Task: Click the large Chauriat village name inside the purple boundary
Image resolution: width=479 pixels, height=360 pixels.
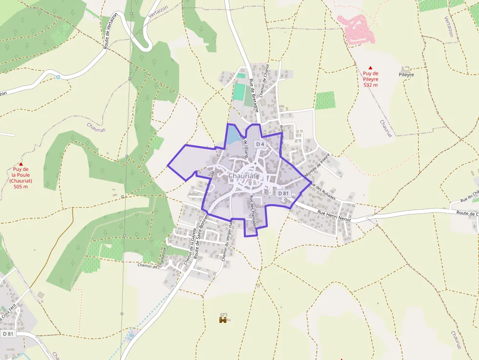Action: click(x=243, y=175)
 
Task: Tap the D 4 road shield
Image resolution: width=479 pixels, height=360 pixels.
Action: click(x=260, y=145)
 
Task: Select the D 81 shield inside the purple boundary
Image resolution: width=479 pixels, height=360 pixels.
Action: click(x=283, y=193)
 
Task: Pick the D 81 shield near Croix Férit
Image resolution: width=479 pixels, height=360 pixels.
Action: click(x=7, y=334)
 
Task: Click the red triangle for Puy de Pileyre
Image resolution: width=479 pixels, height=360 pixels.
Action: click(x=370, y=68)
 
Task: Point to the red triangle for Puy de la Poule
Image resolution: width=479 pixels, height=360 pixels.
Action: click(x=21, y=164)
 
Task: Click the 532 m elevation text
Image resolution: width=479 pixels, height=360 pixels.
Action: click(x=370, y=85)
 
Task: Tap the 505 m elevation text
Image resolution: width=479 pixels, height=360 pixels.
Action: click(x=21, y=187)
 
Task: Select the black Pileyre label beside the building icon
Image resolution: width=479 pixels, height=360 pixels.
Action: click(x=406, y=75)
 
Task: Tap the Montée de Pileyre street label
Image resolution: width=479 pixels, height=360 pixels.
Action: click(x=318, y=165)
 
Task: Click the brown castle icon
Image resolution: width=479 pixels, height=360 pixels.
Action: click(x=223, y=319)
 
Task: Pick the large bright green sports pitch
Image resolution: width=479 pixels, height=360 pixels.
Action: click(x=239, y=92)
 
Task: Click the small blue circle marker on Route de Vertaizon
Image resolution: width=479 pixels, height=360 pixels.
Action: click(x=58, y=77)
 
